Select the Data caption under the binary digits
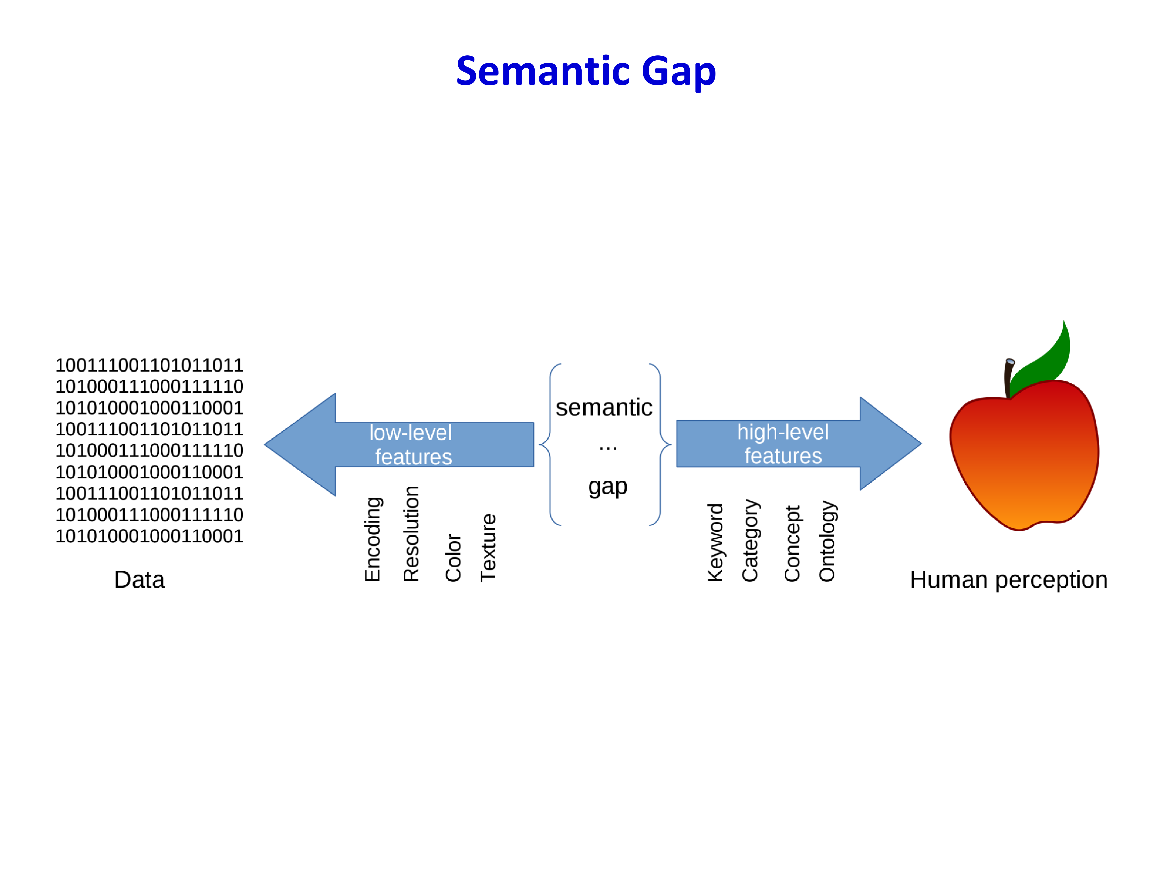pos(140,580)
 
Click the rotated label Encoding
pos(373,539)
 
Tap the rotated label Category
pos(750,540)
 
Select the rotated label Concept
pos(792,544)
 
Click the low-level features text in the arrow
pos(411,445)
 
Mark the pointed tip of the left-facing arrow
pos(265,445)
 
